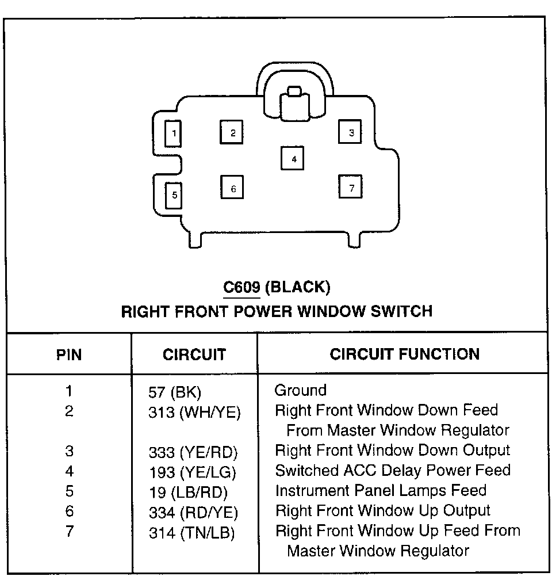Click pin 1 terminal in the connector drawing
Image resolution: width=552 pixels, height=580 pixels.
click(x=173, y=134)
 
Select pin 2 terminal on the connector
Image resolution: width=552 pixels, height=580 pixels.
click(x=232, y=133)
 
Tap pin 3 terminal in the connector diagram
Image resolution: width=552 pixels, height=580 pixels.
click(x=350, y=133)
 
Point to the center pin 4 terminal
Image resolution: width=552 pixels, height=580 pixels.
click(x=293, y=159)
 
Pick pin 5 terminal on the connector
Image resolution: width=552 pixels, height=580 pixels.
click(x=174, y=195)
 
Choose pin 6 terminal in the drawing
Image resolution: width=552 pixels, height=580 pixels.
click(x=233, y=188)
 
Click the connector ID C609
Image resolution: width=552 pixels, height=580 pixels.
click(x=241, y=287)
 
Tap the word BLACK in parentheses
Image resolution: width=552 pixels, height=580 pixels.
click(x=298, y=287)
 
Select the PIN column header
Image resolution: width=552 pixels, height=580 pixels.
click(x=69, y=354)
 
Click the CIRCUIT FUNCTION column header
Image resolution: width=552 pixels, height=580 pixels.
click(x=404, y=354)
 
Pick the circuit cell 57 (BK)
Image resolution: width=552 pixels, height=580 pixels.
click(x=175, y=394)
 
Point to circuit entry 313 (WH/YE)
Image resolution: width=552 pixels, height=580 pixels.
click(x=194, y=412)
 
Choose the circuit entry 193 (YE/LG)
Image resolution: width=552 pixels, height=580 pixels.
click(x=193, y=473)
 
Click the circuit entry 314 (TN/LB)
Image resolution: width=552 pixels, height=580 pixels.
click(x=191, y=533)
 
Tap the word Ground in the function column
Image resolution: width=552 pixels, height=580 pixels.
click(x=300, y=391)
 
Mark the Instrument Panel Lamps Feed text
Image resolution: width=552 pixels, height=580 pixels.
click(x=381, y=491)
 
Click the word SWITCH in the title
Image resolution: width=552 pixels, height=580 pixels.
click(x=402, y=311)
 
